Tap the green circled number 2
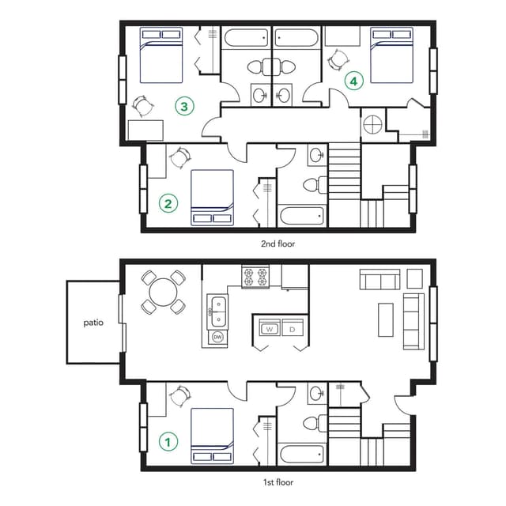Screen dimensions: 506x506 click(168, 203)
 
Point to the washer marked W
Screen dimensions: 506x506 click(268, 328)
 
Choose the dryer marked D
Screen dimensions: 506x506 click(292, 328)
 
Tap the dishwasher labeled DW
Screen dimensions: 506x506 click(218, 338)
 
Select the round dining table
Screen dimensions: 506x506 click(163, 293)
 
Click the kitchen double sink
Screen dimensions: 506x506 click(218, 311)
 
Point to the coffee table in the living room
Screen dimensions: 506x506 click(385, 319)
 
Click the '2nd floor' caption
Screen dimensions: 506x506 click(278, 244)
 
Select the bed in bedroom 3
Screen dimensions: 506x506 click(162, 55)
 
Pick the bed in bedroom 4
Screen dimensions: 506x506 click(392, 55)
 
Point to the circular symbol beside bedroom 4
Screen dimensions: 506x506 click(372, 124)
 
